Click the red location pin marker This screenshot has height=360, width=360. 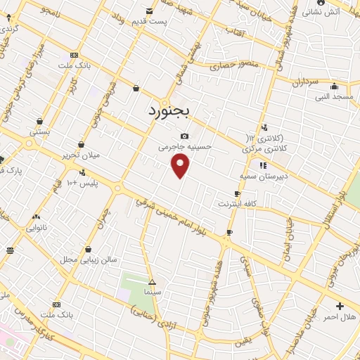click(x=181, y=165)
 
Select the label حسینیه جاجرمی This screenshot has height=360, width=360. click(x=185, y=147)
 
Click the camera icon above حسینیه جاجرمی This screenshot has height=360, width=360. click(x=184, y=136)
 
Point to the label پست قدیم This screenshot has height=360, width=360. click(x=150, y=22)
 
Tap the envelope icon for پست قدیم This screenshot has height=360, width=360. click(x=149, y=11)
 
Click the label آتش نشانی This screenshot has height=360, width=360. click(x=321, y=11)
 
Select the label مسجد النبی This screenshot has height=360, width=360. click(x=333, y=96)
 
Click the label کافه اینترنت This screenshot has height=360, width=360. click(x=236, y=204)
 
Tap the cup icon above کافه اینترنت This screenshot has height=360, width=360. click(x=237, y=193)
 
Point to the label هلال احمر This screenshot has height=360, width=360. click(x=339, y=317)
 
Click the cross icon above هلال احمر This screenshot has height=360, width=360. click(x=340, y=306)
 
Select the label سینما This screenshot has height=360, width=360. click(x=152, y=290)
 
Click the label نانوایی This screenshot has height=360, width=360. click(x=37, y=228)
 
